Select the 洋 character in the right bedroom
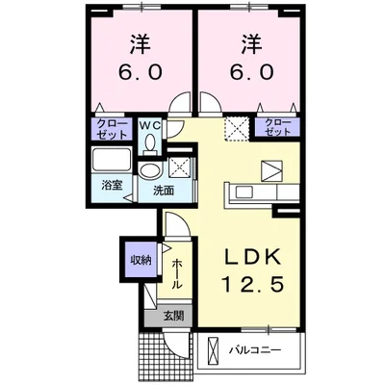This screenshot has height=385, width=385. click(x=252, y=43)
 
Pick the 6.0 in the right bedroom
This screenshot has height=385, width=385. click(x=252, y=71)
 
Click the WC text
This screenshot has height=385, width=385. click(x=153, y=125)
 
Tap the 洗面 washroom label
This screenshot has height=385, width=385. click(x=164, y=191)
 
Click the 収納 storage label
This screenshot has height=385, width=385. click(x=141, y=260)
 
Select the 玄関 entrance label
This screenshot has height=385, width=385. click(x=173, y=315)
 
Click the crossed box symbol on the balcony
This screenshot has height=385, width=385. click(x=214, y=347)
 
